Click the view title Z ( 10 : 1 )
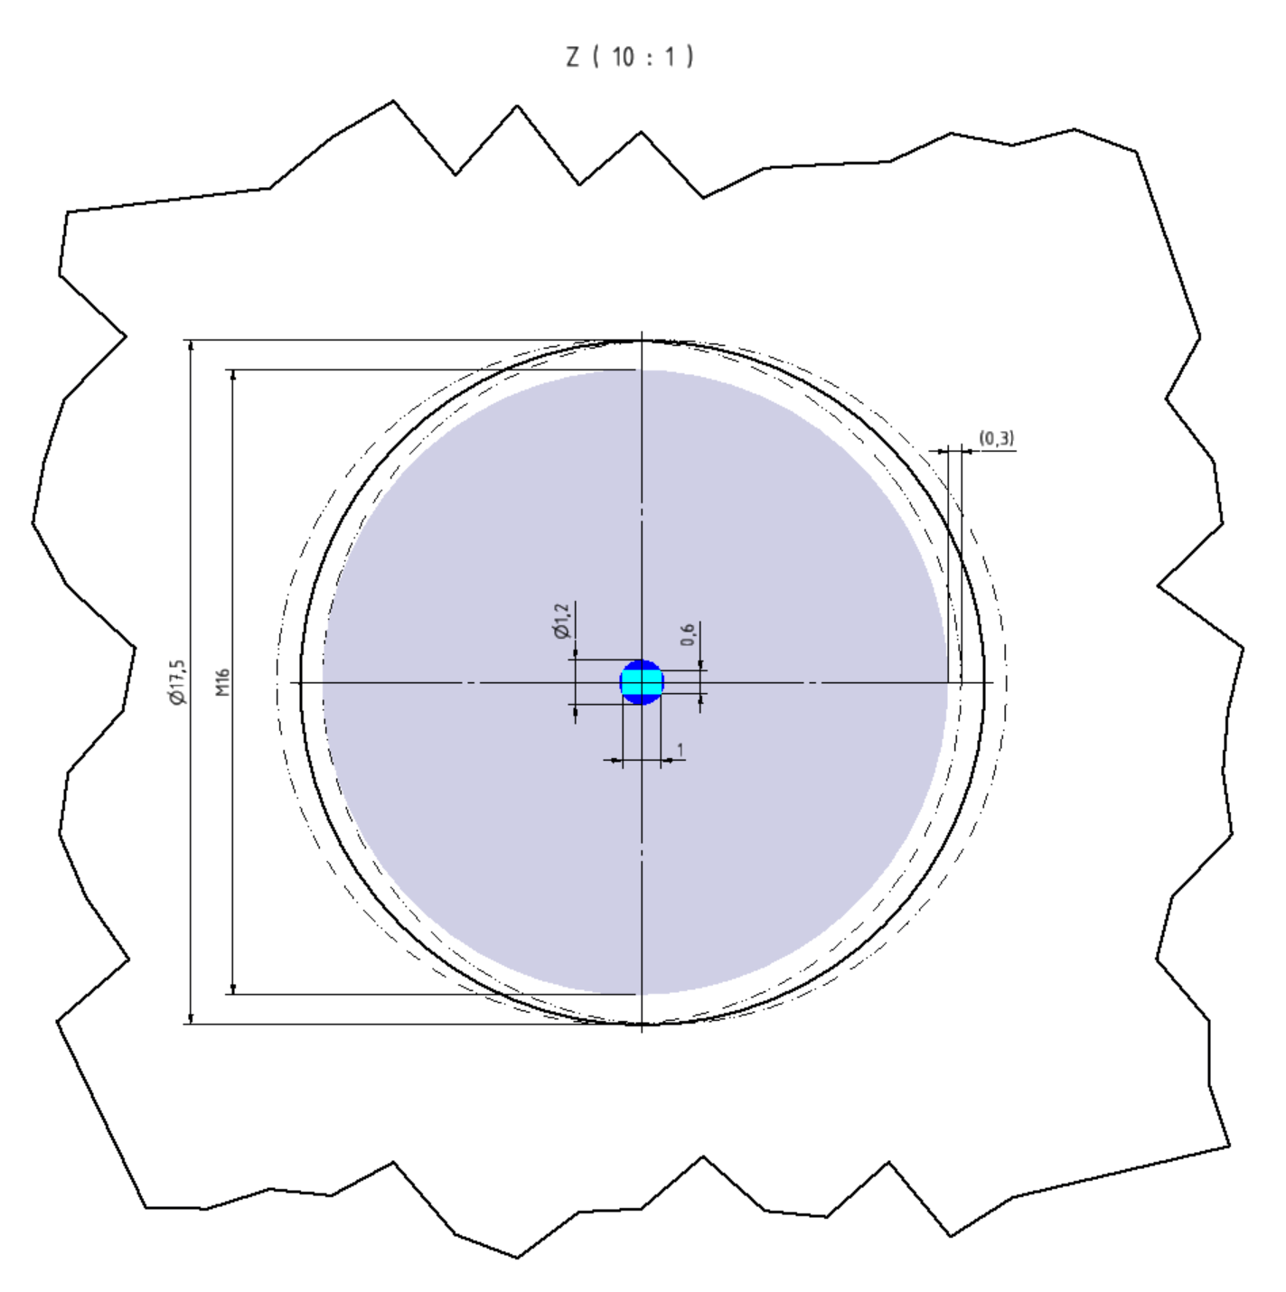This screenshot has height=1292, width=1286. point(630,57)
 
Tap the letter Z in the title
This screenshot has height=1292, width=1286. point(573,57)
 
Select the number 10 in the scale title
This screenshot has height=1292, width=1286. point(623,57)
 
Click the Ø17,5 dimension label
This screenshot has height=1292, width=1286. point(178,682)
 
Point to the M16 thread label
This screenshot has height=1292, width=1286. point(223,682)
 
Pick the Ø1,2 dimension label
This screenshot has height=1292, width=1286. point(562,622)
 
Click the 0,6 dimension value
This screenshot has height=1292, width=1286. point(689,633)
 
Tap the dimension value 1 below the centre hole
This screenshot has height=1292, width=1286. point(681,750)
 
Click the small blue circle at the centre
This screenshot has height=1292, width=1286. point(642,682)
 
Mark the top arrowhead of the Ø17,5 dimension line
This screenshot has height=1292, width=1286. point(190,346)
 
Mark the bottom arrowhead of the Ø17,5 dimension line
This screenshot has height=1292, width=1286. point(190,1018)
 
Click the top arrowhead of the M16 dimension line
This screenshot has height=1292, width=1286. point(233,375)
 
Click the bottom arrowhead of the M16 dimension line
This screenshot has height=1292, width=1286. point(233,988)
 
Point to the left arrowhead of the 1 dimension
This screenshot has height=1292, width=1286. point(617,761)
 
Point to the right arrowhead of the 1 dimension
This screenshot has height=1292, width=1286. point(667,761)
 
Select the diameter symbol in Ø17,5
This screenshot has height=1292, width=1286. point(178,698)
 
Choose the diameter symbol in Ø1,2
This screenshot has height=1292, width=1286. point(562,632)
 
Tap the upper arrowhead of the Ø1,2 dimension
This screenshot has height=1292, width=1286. point(576,653)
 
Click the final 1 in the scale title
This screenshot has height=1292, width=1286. point(670,57)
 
